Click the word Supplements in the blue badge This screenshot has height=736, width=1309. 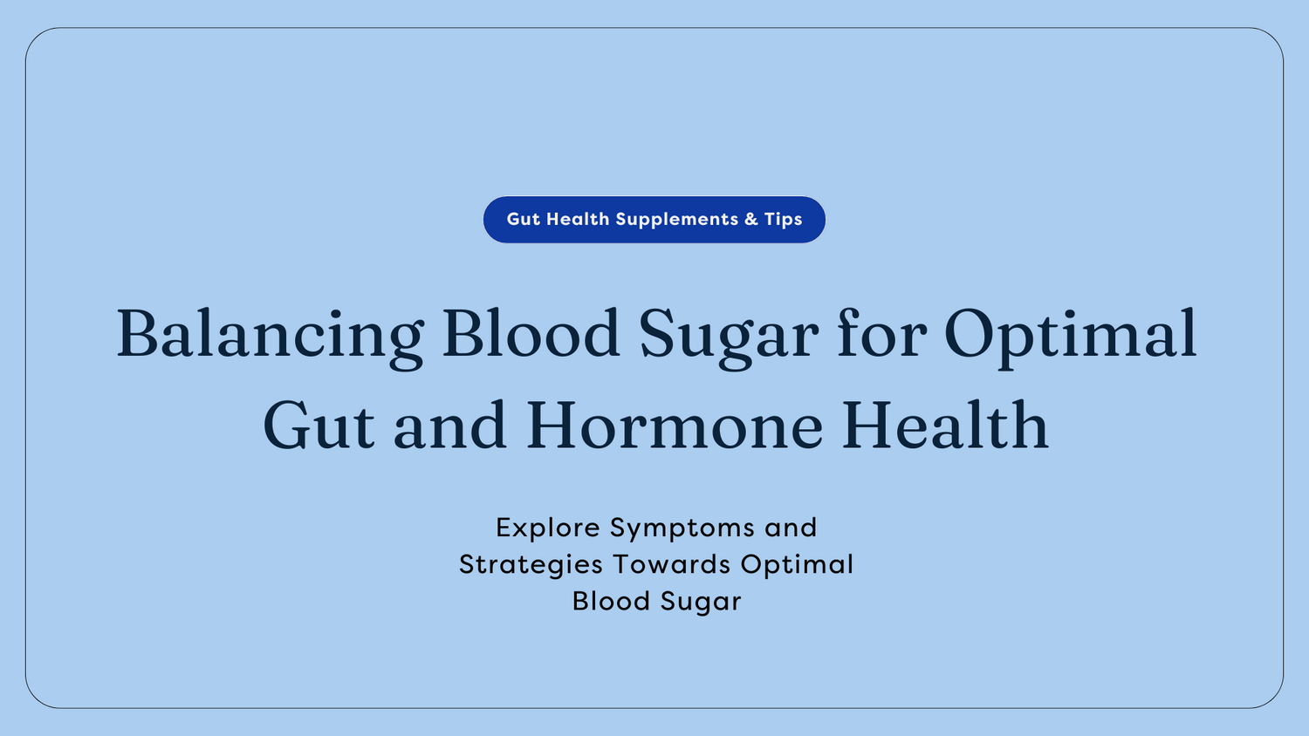[x=677, y=220]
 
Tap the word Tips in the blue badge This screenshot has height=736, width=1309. [x=784, y=220]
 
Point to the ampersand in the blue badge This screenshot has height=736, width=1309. [x=751, y=220]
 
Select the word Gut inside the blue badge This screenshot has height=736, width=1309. [x=524, y=220]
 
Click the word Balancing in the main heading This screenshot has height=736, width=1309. [x=271, y=335]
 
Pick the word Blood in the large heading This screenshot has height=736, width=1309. [x=531, y=335]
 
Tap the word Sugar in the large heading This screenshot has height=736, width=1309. [x=729, y=335]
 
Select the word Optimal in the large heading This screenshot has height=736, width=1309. [x=1070, y=335]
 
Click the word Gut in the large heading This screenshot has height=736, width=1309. [x=319, y=426]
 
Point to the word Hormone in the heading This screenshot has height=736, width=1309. [x=675, y=426]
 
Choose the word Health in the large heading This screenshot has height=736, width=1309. [x=945, y=426]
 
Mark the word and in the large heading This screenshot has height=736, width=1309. [x=449, y=426]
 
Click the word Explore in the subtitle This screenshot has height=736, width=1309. [x=548, y=528]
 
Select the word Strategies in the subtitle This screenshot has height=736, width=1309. [x=531, y=565]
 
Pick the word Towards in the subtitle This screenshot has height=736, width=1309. [x=672, y=564]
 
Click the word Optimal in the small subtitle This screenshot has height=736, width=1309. [x=797, y=565]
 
